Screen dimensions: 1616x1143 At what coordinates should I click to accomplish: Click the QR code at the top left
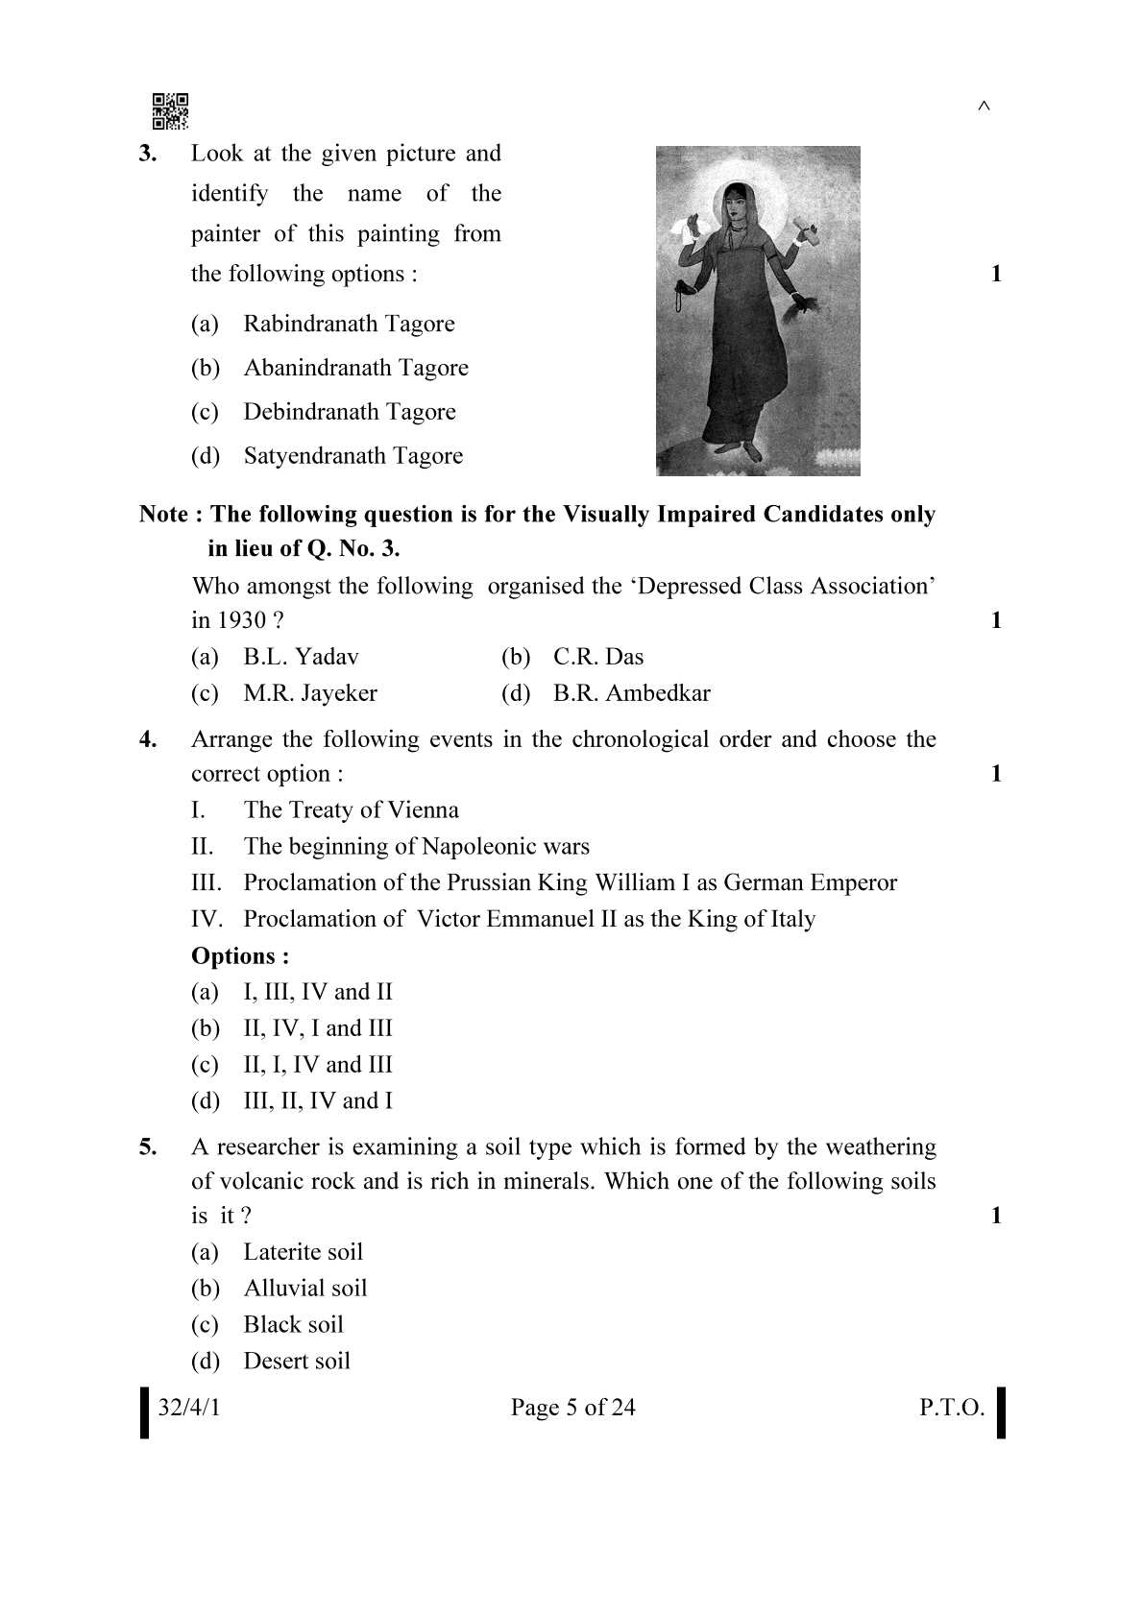click(170, 111)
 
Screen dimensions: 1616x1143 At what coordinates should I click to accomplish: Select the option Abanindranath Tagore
click(355, 368)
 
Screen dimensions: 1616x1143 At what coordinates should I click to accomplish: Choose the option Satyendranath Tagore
click(353, 456)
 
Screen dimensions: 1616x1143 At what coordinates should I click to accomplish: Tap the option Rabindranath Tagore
click(349, 324)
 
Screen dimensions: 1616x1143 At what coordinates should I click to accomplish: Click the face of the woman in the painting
click(737, 207)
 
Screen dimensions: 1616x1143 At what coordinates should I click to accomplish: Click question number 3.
click(148, 154)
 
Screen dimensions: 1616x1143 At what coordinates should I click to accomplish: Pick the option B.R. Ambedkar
click(631, 693)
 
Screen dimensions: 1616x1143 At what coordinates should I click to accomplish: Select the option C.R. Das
click(597, 657)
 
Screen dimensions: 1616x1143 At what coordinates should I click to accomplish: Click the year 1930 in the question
click(241, 620)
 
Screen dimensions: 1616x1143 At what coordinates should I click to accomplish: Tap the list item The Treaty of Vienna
click(351, 810)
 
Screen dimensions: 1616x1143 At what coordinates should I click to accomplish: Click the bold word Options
click(240, 956)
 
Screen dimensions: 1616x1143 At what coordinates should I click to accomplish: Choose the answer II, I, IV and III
click(317, 1065)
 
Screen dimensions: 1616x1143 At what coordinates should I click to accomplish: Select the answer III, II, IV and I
click(317, 1101)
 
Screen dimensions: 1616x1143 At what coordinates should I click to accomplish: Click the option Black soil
click(293, 1325)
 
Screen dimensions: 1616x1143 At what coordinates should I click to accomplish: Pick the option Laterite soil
click(303, 1252)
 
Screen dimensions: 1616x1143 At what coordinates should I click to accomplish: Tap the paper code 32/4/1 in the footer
click(189, 1408)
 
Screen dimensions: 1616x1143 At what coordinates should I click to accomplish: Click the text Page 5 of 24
click(572, 1408)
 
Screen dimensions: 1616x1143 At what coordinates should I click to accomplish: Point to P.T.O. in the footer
click(951, 1408)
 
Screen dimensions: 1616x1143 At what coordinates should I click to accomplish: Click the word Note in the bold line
click(163, 515)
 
